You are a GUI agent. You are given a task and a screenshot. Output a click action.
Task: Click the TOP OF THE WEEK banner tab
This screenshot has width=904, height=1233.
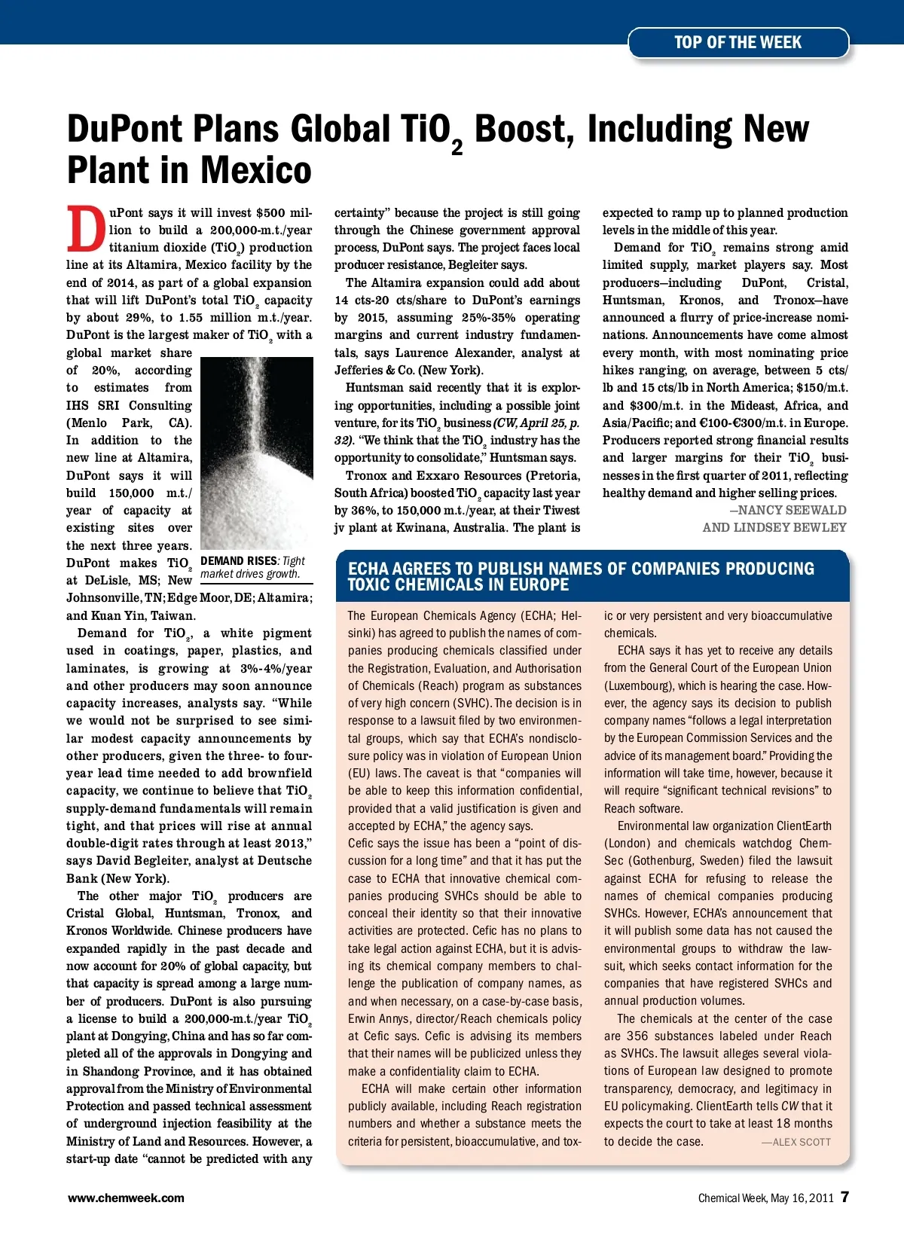[x=738, y=43]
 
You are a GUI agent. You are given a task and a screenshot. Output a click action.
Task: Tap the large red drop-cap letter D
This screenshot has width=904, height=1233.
[x=86, y=229]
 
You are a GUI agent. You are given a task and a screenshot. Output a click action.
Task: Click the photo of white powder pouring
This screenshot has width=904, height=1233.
[x=257, y=453]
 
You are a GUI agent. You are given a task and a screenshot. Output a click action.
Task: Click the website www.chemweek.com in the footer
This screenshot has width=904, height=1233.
[x=126, y=1198]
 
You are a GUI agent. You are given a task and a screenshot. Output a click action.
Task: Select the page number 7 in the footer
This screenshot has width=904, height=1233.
[x=845, y=1197]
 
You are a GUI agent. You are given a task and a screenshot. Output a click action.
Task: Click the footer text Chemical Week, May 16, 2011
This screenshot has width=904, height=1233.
[x=765, y=1198]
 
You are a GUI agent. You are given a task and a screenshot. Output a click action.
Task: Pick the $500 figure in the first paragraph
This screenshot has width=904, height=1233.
[x=270, y=213]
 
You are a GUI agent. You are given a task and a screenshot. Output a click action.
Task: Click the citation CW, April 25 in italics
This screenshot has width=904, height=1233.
[x=528, y=423]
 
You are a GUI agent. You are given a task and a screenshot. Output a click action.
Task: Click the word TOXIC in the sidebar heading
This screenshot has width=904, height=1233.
[x=369, y=585]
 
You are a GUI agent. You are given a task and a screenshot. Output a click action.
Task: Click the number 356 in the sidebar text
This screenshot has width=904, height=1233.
[x=637, y=1036]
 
